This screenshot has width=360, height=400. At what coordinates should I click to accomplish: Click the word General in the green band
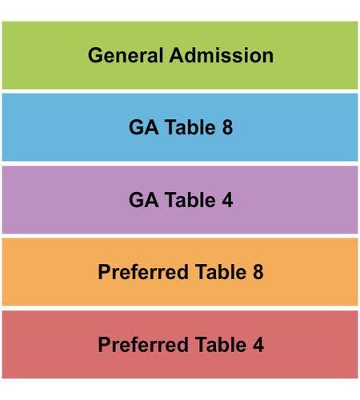pos(126,55)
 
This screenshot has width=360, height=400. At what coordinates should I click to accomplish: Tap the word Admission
pos(222,55)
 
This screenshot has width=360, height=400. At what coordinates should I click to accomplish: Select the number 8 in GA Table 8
pos(227,127)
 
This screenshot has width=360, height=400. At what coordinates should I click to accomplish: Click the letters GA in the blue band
pos(144,127)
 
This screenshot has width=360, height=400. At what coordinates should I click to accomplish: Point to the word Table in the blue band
pos(190,127)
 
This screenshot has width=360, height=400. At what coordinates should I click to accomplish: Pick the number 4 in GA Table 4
pos(227,200)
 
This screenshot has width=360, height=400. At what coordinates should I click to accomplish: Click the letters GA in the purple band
pos(144,200)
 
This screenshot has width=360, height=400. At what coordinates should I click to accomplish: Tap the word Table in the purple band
pos(190,200)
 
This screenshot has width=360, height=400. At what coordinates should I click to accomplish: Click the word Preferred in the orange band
pos(143,272)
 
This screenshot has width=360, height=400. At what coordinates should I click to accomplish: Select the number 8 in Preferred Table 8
pos(258,272)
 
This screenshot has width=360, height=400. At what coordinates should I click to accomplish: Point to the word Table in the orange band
pos(221,272)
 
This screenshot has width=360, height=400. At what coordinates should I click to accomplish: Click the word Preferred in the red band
pos(143,345)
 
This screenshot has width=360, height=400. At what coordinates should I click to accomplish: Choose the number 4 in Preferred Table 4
pos(258,345)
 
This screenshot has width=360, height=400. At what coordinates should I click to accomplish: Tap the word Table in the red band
pos(221,345)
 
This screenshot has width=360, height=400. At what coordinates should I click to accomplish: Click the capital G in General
pos(95,55)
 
